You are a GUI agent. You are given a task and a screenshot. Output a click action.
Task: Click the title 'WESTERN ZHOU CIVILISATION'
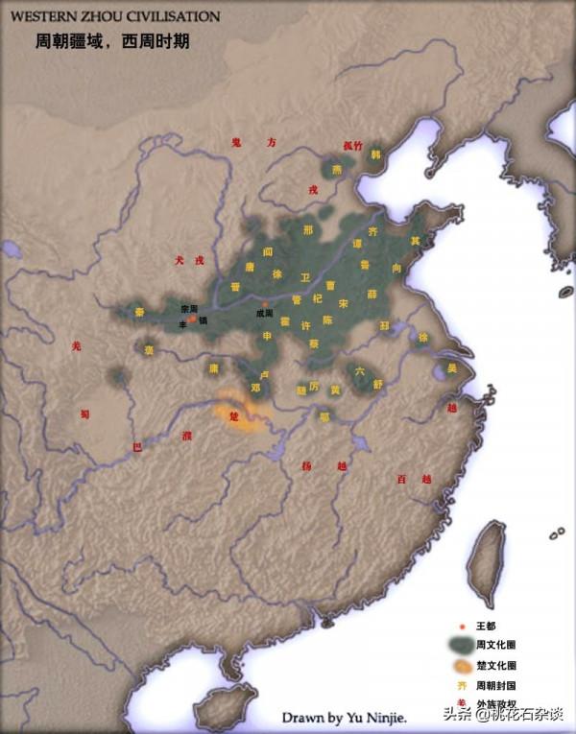(x=114, y=16)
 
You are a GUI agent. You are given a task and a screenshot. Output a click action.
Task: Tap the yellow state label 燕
(x=337, y=169)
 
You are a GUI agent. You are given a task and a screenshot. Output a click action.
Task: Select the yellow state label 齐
(x=373, y=231)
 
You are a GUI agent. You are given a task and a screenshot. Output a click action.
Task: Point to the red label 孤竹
(x=352, y=146)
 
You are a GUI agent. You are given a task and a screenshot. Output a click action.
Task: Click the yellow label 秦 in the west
(x=139, y=312)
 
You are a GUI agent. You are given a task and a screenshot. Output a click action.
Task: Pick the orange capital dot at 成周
(x=266, y=304)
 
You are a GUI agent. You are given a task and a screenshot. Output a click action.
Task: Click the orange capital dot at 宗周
(x=192, y=318)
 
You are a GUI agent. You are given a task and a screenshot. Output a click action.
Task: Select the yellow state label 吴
(x=452, y=367)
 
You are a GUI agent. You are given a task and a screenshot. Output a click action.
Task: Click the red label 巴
(x=136, y=446)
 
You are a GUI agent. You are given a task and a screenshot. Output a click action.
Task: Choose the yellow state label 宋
(x=344, y=303)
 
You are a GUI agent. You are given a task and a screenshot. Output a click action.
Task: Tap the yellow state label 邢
(x=307, y=230)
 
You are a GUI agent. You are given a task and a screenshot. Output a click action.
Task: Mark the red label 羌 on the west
(x=77, y=345)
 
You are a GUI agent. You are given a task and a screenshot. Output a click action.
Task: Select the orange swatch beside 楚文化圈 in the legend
(x=463, y=665)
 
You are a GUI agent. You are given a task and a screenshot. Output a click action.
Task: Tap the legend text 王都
(x=492, y=626)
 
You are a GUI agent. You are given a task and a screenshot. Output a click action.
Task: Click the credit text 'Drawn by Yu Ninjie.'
(x=344, y=717)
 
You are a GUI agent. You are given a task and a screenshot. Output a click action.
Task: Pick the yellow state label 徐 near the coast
(x=423, y=337)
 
